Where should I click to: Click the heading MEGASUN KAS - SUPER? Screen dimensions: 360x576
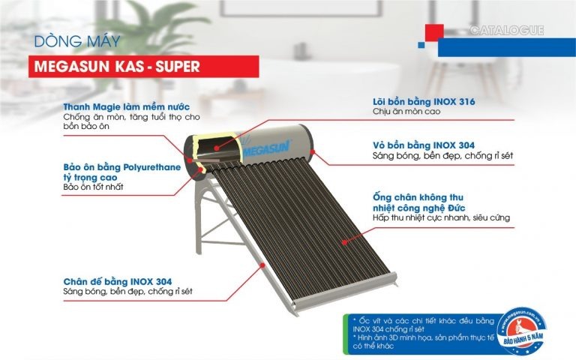click(117, 66)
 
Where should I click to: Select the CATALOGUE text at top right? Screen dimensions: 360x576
click(507, 31)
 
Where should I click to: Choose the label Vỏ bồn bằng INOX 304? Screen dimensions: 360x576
click(423, 145)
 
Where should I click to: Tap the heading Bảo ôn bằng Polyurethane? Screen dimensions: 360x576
click(122, 166)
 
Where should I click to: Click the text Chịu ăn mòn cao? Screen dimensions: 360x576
click(406, 112)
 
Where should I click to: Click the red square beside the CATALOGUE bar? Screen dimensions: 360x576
click(435, 33)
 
